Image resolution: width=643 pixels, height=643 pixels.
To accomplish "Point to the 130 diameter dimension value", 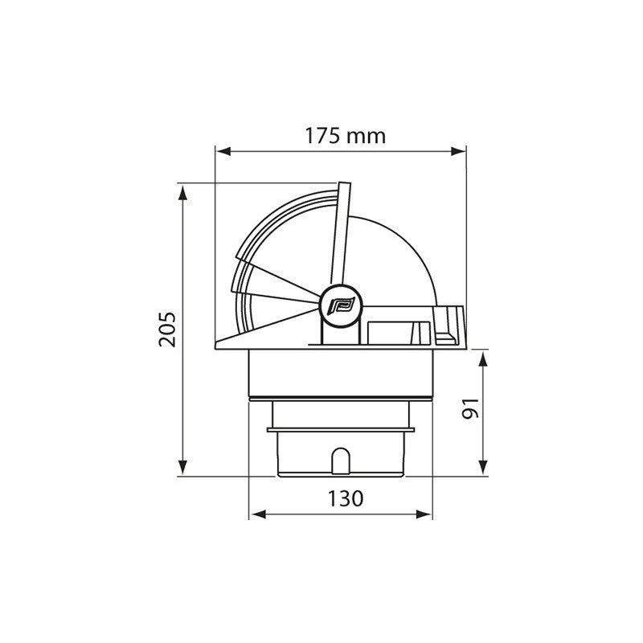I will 345,498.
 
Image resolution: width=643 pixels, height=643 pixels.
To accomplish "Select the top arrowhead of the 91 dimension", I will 483,357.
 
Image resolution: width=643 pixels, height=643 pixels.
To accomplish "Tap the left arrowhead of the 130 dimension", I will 256,514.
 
